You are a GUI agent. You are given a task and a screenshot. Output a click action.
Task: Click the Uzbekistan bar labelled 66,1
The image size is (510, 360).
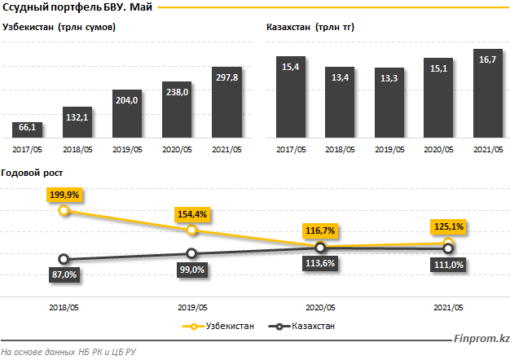click(28, 130)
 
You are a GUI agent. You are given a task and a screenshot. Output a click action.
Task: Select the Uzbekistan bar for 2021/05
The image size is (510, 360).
click(227, 103)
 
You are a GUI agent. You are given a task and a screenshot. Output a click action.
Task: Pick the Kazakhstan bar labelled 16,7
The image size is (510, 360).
click(488, 94)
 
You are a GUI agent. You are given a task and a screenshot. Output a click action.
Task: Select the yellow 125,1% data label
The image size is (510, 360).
click(448, 226)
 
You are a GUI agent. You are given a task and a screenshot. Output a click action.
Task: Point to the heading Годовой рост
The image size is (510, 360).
click(33, 173)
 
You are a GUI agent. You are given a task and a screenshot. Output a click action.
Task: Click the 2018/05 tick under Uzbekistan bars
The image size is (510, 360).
click(78, 148)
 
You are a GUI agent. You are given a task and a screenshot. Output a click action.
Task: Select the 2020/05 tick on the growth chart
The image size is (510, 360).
click(320, 307)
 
